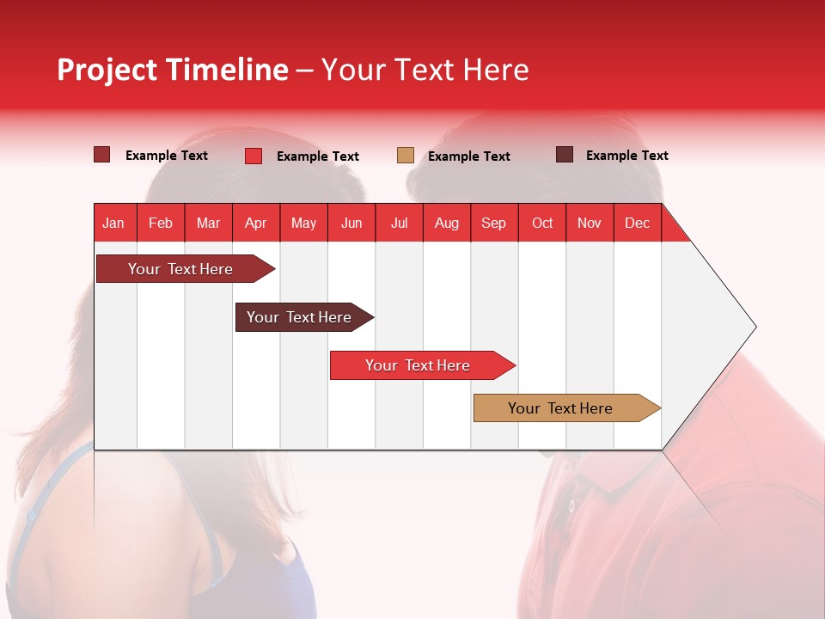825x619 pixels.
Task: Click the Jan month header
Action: click(x=113, y=223)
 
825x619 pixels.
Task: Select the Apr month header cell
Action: click(x=255, y=223)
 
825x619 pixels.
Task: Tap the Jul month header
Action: click(x=399, y=223)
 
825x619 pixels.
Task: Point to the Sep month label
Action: click(x=493, y=223)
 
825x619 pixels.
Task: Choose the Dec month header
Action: click(x=637, y=223)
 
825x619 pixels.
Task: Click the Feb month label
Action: click(x=161, y=223)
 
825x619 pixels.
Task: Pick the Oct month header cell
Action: click(x=541, y=223)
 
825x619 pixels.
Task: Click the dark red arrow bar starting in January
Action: click(x=180, y=269)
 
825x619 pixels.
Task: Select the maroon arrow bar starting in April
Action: click(x=299, y=317)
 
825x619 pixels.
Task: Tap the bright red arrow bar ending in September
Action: click(x=418, y=365)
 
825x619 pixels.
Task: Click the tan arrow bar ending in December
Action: click(x=560, y=408)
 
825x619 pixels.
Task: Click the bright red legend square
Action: click(x=253, y=156)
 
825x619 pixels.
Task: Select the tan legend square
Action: click(x=406, y=155)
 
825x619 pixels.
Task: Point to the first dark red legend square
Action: click(x=101, y=155)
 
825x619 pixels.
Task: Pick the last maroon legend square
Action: click(x=565, y=155)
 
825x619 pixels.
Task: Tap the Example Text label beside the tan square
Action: click(x=468, y=156)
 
